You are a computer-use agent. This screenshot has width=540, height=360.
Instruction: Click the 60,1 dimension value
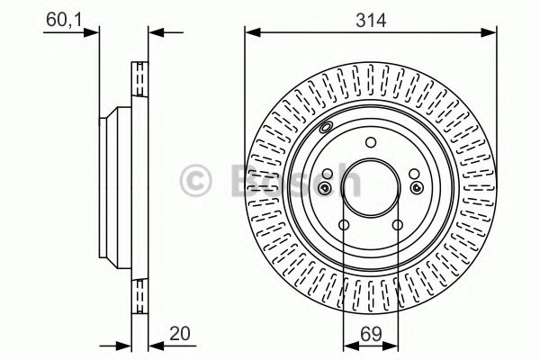pos(64,20)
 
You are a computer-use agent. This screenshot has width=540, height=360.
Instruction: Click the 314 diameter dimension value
pos(371,20)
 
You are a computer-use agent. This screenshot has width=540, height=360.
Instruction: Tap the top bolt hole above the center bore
pos(371,142)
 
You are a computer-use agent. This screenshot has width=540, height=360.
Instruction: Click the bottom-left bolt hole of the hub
pos(344,225)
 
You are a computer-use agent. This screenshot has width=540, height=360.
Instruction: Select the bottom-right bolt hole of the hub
pos(398,225)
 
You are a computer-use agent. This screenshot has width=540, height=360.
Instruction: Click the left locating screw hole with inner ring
pos(324,188)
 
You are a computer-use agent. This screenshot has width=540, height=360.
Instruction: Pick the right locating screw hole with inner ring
pos(417,187)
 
